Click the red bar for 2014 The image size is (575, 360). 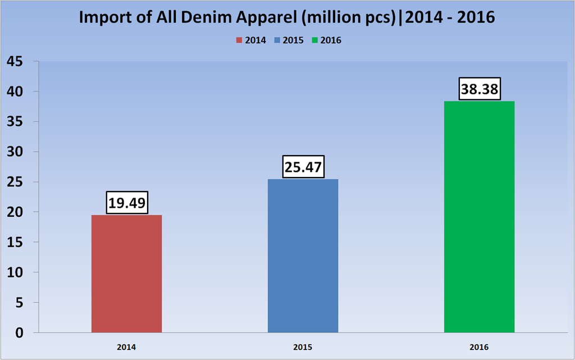point(126,274)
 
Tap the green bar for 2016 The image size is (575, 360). point(479,217)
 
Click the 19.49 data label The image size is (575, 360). point(126,203)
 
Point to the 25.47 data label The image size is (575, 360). point(303,167)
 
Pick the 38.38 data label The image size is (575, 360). point(479,89)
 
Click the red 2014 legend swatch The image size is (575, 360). point(239,40)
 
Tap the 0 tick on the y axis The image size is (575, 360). point(20,332)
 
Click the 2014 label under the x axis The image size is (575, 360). point(126,348)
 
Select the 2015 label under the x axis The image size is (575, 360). point(303,348)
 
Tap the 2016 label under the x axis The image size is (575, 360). point(479,348)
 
